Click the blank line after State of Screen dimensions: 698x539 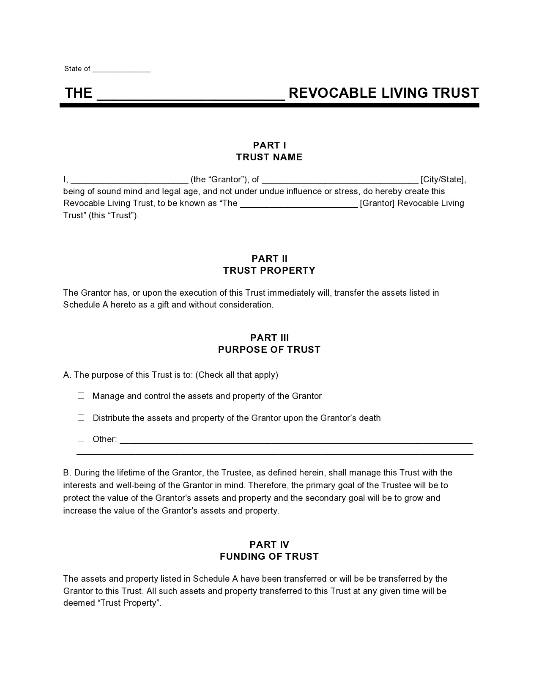(121, 69)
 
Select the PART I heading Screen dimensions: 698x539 (269, 146)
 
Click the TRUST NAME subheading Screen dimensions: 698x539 (269, 157)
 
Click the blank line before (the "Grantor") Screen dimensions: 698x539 (129, 180)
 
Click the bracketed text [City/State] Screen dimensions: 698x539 (443, 179)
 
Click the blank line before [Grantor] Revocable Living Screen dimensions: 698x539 (299, 204)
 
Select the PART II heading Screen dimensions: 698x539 (269, 258)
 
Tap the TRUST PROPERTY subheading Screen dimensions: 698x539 (269, 271)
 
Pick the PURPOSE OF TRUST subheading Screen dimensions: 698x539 (269, 350)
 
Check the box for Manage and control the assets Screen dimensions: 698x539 (81, 396)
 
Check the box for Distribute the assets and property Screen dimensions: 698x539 (81, 418)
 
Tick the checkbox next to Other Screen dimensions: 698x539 (81, 439)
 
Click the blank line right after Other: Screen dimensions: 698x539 (296, 440)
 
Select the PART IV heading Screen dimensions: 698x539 (269, 545)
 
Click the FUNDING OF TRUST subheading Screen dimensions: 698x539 (269, 557)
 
